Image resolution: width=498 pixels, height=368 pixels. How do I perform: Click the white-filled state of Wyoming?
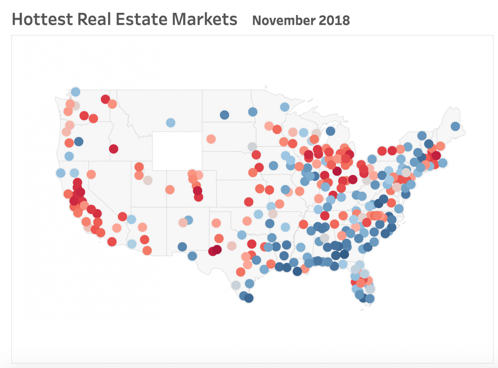pyautogui.click(x=177, y=151)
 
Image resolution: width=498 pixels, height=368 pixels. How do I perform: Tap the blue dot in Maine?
pyautogui.click(x=455, y=126)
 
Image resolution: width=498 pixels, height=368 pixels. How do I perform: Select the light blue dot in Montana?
pyautogui.click(x=171, y=123)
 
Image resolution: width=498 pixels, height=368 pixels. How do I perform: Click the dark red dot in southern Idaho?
pyautogui.click(x=113, y=149)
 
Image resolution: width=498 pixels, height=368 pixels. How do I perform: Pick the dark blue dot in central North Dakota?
pyautogui.click(x=224, y=115)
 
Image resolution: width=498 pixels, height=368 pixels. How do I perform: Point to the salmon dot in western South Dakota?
pyautogui.click(x=211, y=139)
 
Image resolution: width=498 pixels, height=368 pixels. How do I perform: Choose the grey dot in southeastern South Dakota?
pyautogui.click(x=252, y=146)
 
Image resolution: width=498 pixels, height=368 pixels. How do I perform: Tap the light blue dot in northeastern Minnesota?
pyautogui.click(x=285, y=107)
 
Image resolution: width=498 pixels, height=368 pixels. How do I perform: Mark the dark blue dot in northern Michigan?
pyautogui.click(x=330, y=131)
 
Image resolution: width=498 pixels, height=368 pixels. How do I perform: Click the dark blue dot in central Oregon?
pyautogui.click(x=79, y=142)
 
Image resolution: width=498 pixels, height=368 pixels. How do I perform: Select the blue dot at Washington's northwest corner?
pyautogui.click(x=75, y=92)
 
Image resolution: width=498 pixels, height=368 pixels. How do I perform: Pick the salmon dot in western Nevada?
pyautogui.click(x=91, y=174)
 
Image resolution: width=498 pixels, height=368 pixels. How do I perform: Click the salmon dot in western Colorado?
pyautogui.click(x=170, y=190)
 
